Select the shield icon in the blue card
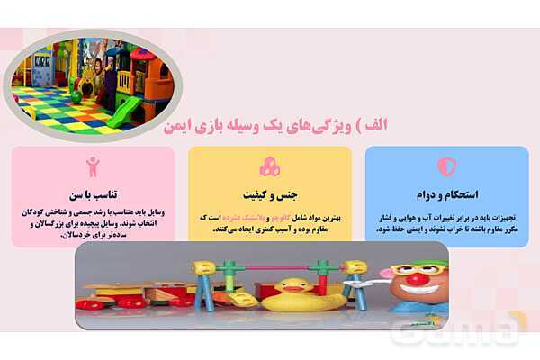446,166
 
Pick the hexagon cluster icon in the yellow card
269,167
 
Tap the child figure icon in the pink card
93,166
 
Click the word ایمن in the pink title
179,127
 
